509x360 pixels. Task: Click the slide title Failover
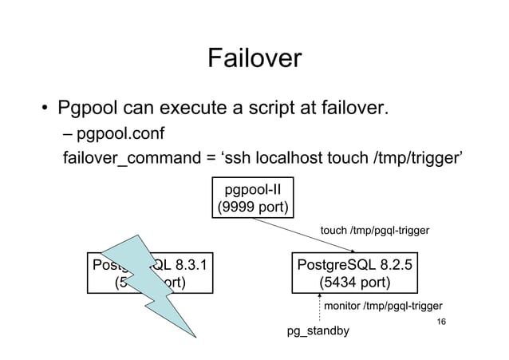pos(254,58)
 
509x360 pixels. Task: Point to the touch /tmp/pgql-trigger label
pos(374,231)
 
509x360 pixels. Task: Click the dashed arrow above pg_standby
pos(319,308)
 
